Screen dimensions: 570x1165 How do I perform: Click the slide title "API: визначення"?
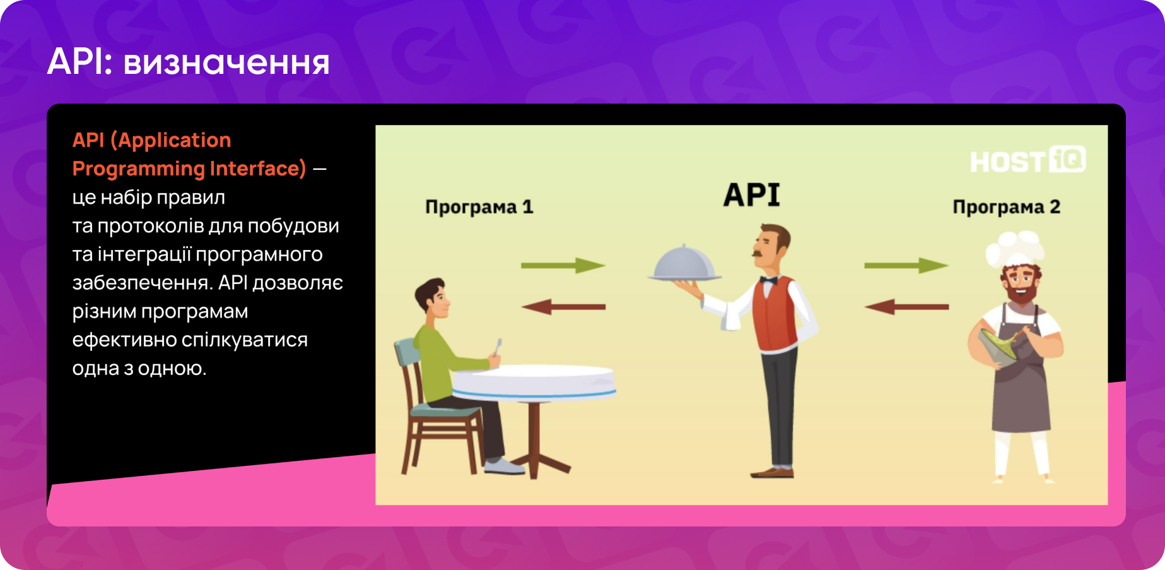click(x=188, y=62)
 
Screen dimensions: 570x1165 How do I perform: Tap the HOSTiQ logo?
click(x=1028, y=160)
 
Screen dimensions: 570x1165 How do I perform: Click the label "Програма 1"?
click(x=479, y=207)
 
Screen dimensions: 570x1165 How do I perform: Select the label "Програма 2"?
click(x=1006, y=207)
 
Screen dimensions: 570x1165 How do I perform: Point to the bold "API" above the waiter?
click(x=751, y=194)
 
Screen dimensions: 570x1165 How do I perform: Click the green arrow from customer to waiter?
click(x=563, y=266)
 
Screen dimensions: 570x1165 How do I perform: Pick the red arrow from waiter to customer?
click(x=563, y=307)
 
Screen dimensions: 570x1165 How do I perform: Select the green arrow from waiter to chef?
click(x=906, y=266)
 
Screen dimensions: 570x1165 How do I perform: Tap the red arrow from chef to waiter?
click(x=906, y=307)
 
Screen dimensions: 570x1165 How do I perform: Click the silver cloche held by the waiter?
click(x=684, y=264)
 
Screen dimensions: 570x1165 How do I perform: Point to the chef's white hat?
click(x=1016, y=247)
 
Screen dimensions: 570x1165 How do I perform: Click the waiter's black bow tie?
click(x=769, y=280)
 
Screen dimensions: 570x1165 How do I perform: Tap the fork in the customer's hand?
click(x=498, y=347)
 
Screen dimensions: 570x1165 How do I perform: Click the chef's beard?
click(x=1021, y=293)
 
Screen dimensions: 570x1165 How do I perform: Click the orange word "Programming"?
click(x=138, y=169)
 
